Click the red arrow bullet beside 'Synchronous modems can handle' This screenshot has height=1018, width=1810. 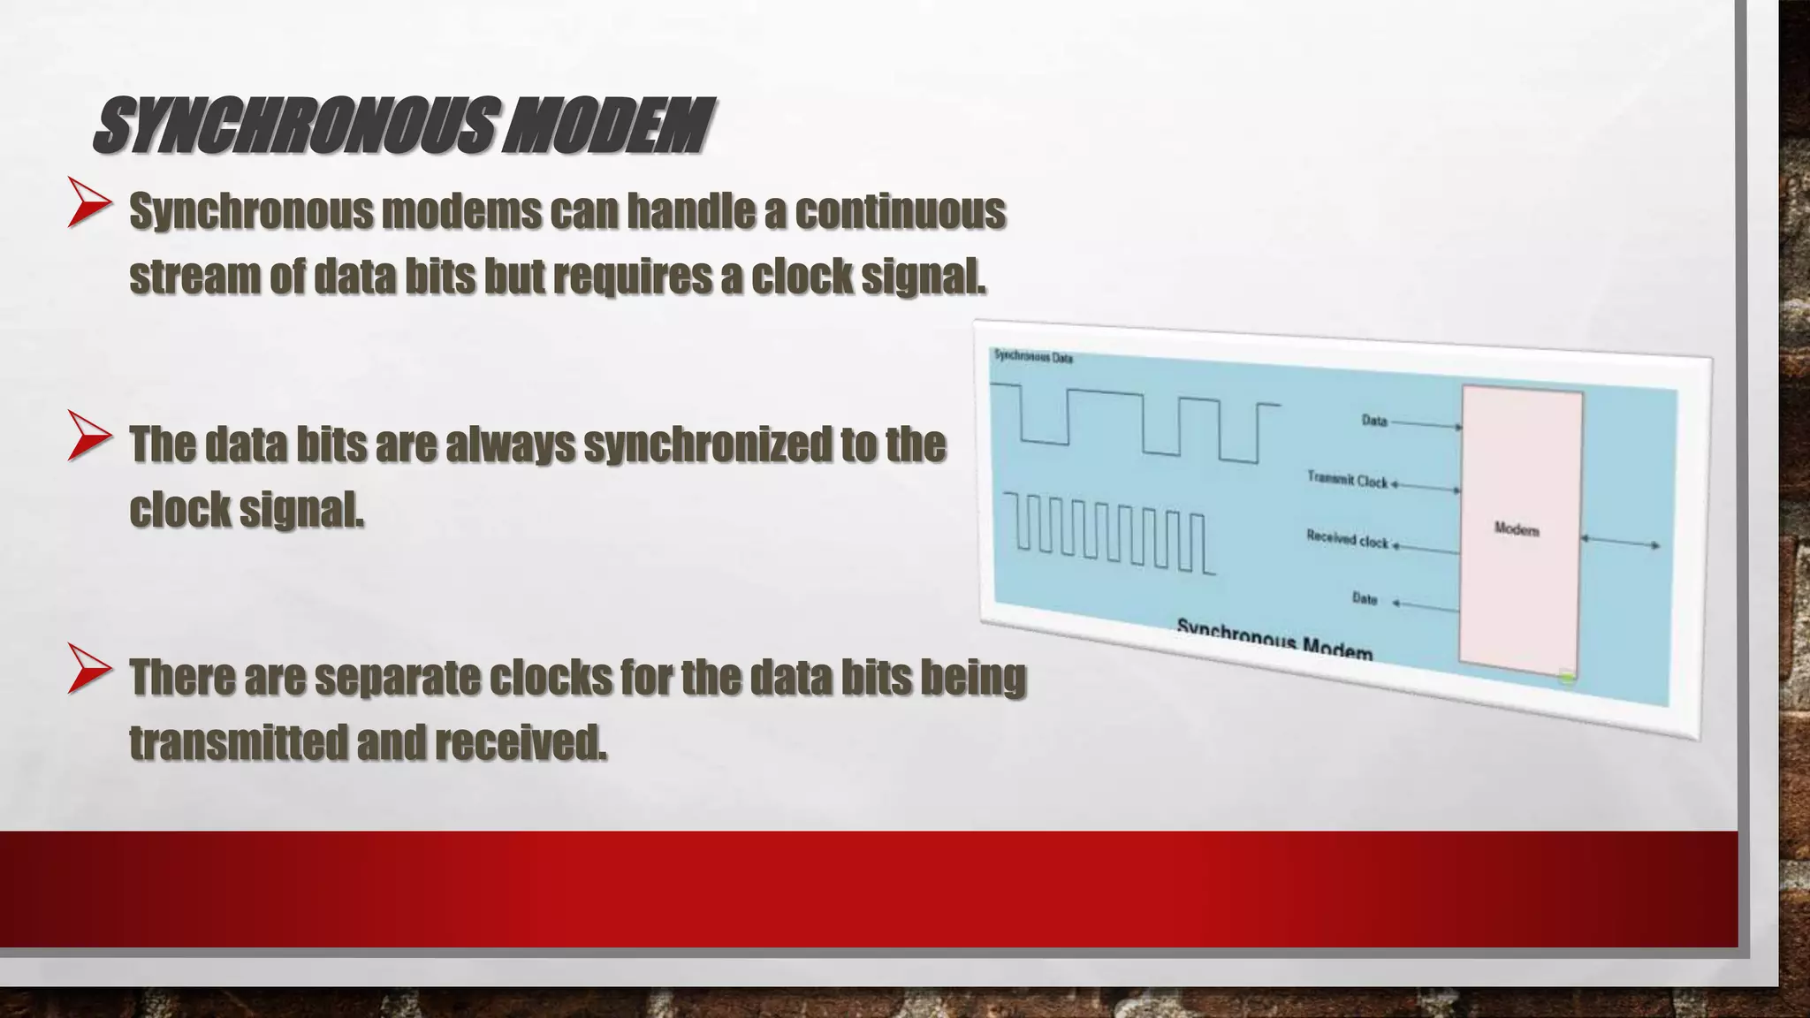[89, 203]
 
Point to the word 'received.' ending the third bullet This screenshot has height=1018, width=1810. [521, 742]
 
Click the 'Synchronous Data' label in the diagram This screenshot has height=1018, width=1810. [1033, 356]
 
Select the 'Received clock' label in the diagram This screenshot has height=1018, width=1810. [1347, 538]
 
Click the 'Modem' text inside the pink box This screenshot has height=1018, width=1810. [1517, 529]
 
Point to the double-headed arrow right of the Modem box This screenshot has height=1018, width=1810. [1621, 542]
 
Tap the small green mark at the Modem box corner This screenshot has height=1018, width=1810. [1566, 679]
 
